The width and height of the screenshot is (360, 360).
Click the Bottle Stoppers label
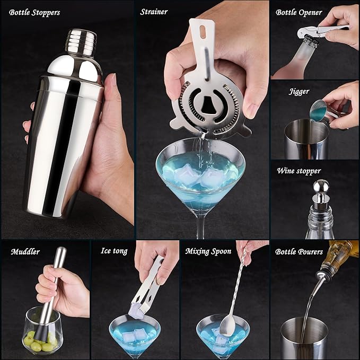(x=34, y=12)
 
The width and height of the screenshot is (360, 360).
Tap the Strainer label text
(x=154, y=12)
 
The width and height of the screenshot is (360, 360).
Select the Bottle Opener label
(x=298, y=12)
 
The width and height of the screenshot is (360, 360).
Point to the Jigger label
(x=299, y=91)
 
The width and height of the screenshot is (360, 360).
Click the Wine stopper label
(x=298, y=171)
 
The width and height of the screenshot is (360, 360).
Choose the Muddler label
(x=25, y=251)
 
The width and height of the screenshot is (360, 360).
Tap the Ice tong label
(x=114, y=251)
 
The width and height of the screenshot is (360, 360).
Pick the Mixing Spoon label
(x=208, y=251)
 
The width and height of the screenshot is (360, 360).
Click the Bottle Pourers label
(x=299, y=251)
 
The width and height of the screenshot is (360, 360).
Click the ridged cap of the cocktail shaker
(x=81, y=39)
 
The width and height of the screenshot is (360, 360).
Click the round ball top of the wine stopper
(x=321, y=186)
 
